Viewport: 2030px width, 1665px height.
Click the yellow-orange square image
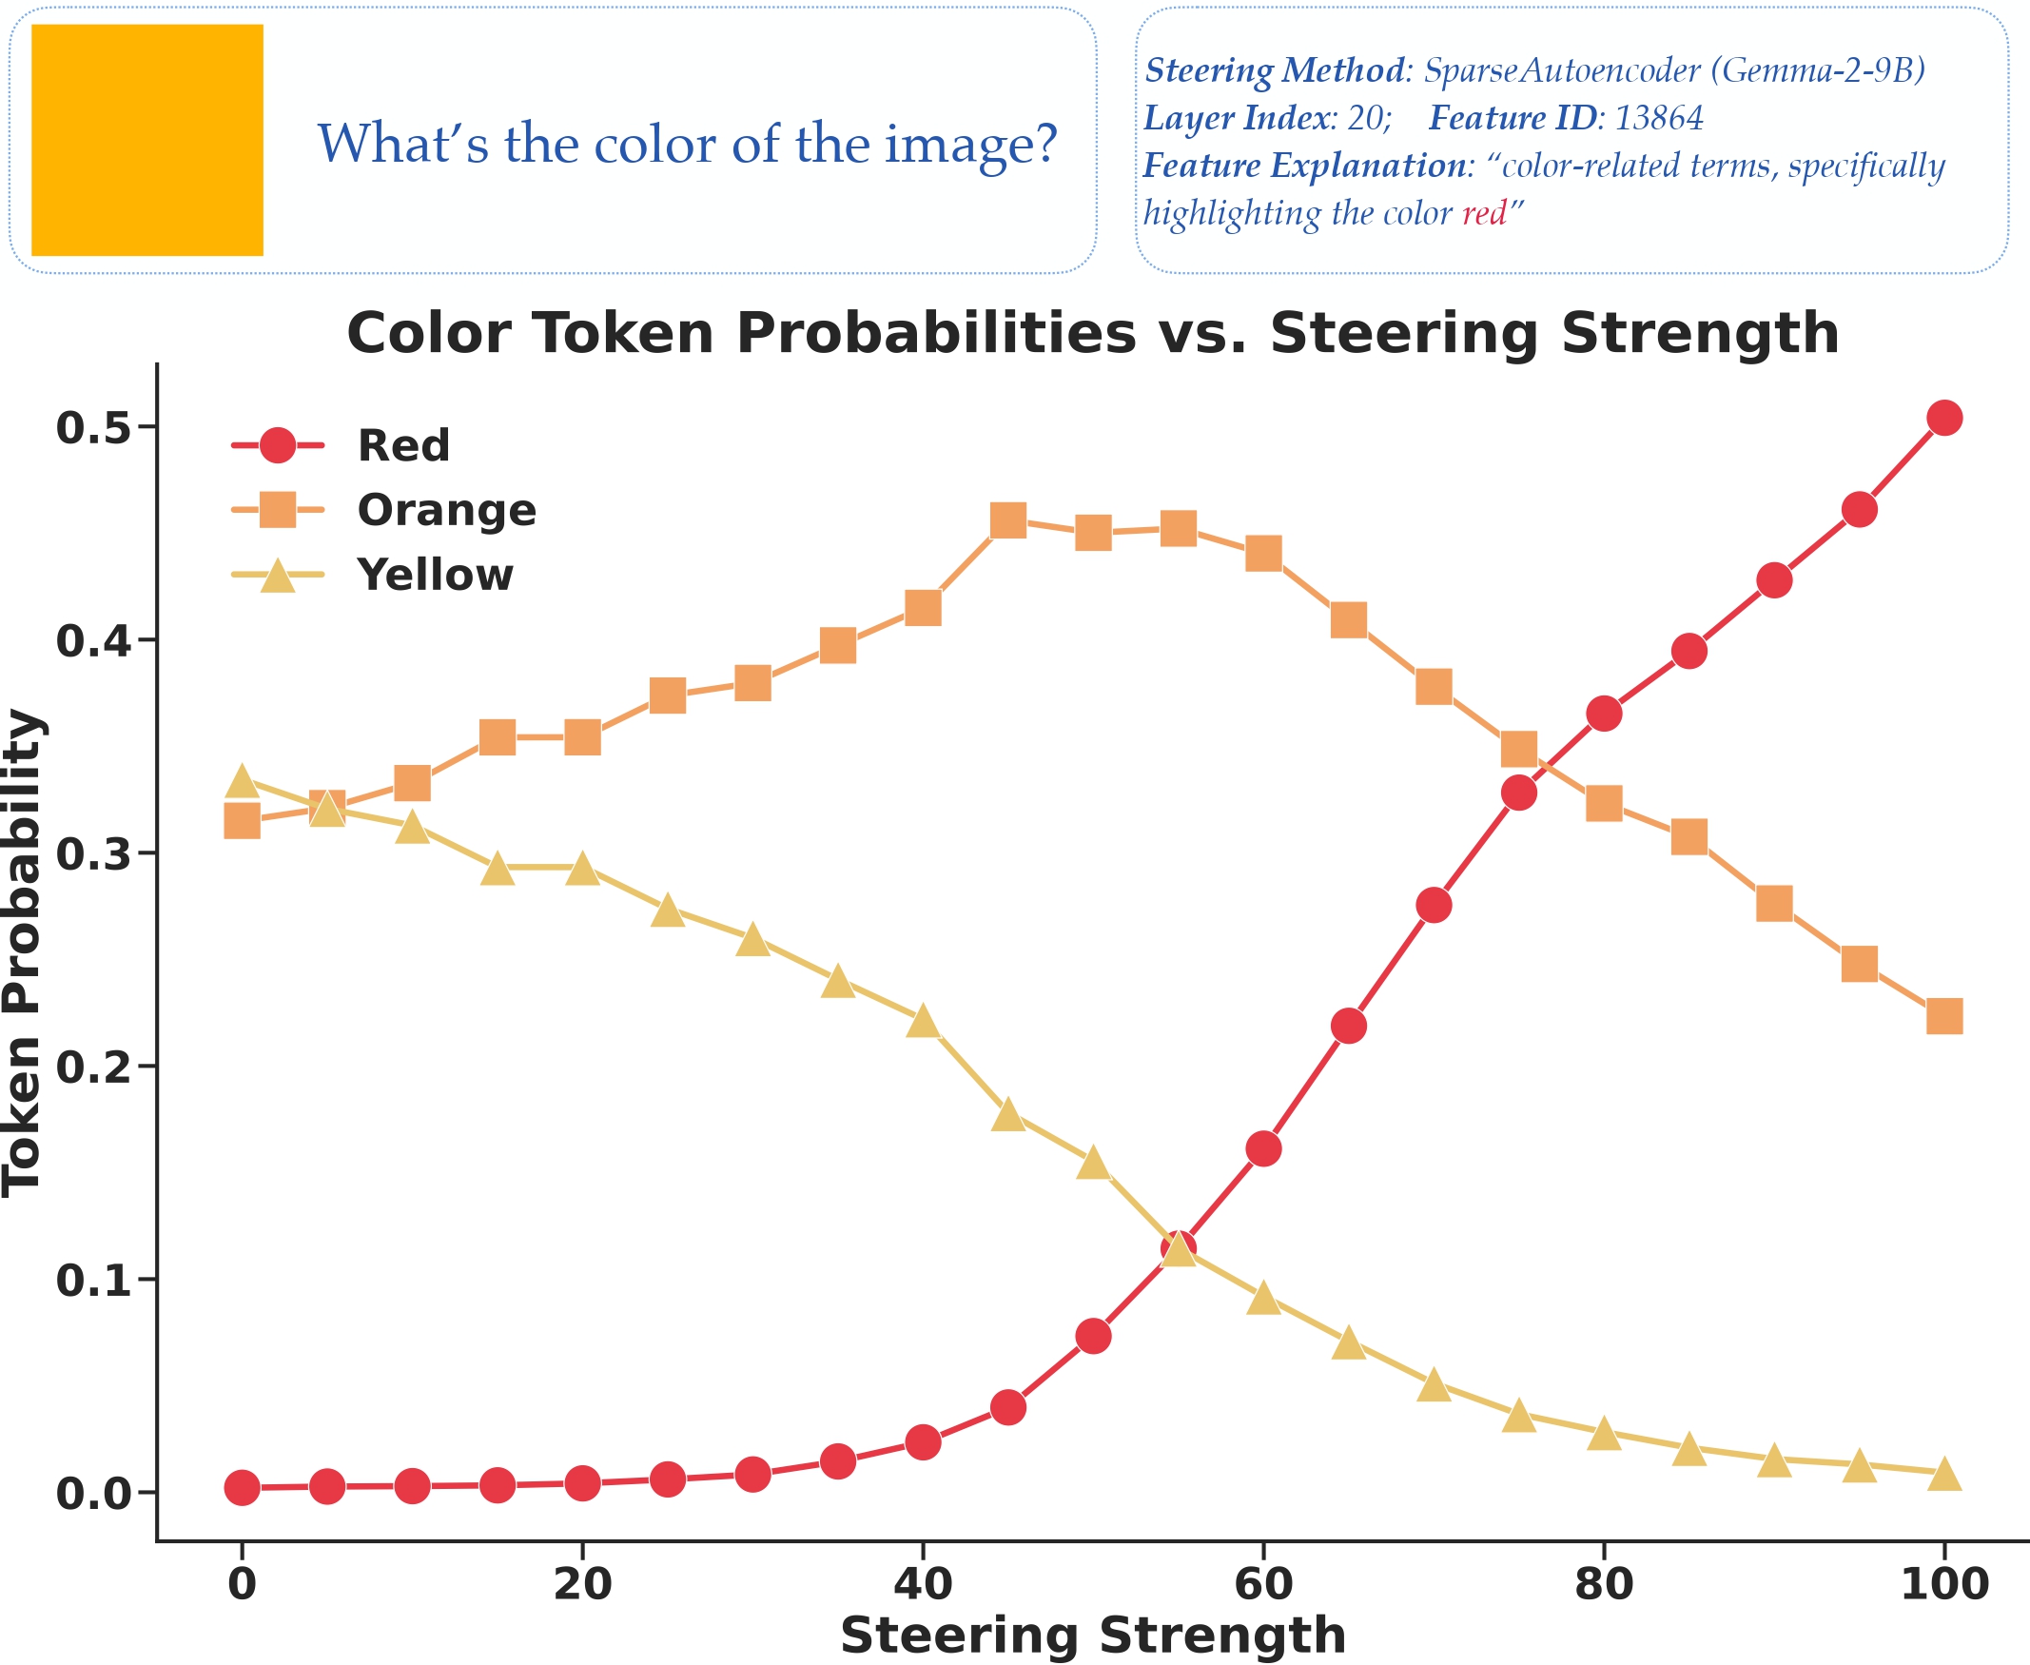point(146,140)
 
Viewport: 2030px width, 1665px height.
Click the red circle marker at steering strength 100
point(1943,418)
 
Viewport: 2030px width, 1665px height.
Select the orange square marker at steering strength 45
point(1007,520)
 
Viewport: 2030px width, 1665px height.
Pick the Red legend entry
point(402,446)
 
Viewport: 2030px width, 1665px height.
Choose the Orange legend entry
point(446,510)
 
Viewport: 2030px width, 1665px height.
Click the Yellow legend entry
point(435,576)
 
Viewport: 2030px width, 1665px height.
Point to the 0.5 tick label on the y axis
point(93,428)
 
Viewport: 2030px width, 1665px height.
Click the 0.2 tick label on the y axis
point(93,1067)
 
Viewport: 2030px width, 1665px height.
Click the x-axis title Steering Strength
point(1092,1636)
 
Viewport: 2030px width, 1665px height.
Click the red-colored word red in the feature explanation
point(1483,213)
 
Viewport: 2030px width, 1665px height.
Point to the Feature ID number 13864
point(1659,118)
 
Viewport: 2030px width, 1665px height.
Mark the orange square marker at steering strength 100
point(1943,1016)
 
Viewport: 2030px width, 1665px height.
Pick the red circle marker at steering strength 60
point(1263,1148)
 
